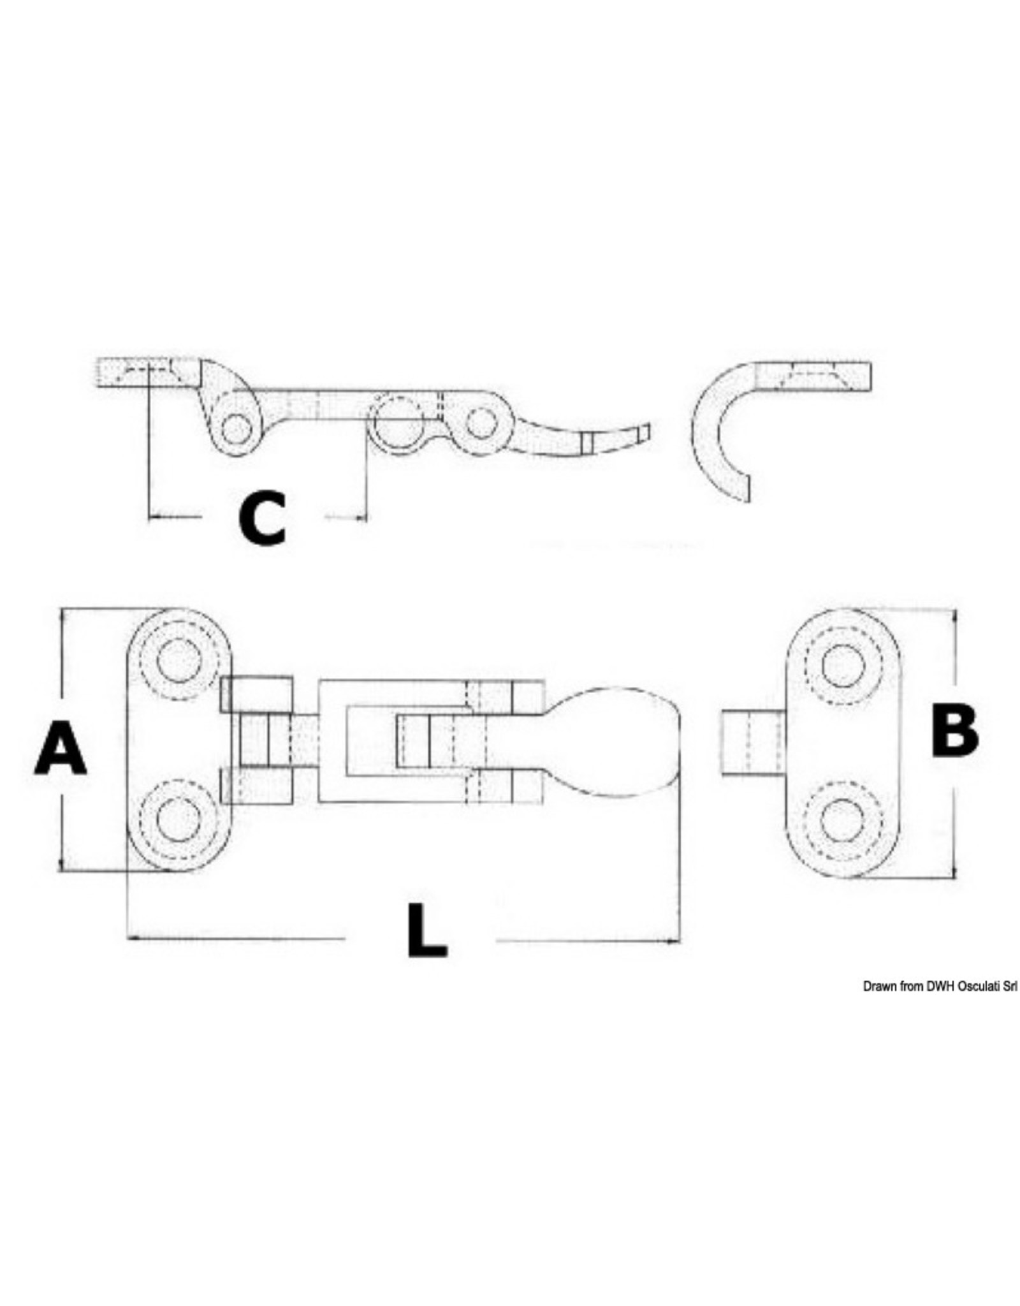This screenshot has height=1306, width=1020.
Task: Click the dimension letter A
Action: (x=60, y=754)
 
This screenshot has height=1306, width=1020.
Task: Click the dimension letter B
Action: (x=954, y=732)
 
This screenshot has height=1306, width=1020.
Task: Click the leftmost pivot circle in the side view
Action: (x=236, y=428)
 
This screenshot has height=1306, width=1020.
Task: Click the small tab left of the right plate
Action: (x=752, y=743)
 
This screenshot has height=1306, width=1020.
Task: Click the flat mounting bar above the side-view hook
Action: (x=813, y=376)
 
